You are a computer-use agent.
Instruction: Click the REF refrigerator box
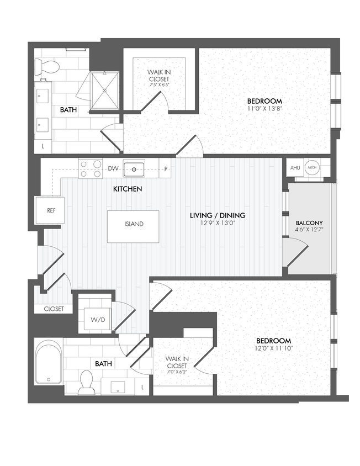coord(51,210)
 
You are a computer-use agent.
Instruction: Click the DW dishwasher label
coord(113,168)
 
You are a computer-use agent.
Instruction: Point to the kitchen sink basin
coord(134,168)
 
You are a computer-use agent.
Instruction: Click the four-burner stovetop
coord(90,168)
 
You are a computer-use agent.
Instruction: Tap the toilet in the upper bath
coord(47,67)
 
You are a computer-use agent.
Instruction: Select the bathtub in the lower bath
coord(49,364)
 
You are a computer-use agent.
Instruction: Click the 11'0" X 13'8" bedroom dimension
coord(264,108)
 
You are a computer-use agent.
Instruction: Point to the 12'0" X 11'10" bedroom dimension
coord(273,348)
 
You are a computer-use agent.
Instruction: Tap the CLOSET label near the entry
coord(54,309)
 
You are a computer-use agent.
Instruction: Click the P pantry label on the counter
coord(166,168)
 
